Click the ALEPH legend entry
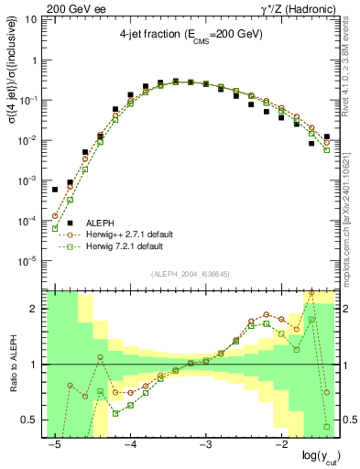tap(100, 222)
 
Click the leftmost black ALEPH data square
tap(55, 190)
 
